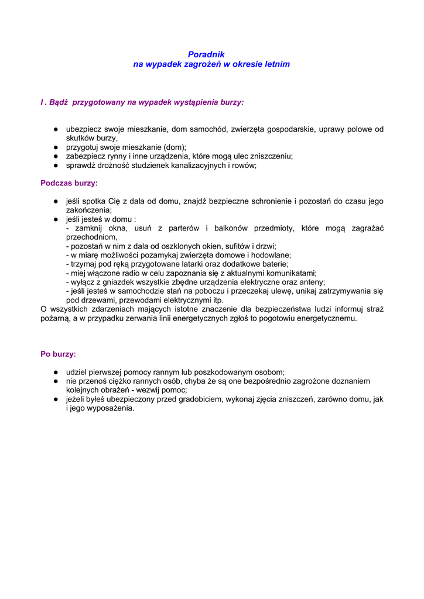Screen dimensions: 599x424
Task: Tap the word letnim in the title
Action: click(277, 64)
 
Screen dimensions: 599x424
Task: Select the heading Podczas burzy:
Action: click(69, 183)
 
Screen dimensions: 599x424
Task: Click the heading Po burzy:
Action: click(58, 354)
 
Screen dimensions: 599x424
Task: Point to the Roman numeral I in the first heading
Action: click(42, 102)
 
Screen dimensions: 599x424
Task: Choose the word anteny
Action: click(312, 282)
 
